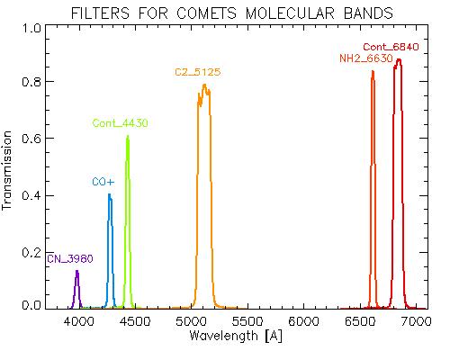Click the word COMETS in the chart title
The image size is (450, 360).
click(x=207, y=13)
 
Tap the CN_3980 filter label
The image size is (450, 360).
click(x=70, y=258)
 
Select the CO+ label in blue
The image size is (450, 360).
click(x=103, y=182)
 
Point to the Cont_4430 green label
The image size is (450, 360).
click(x=120, y=123)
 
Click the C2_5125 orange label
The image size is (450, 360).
click(x=198, y=72)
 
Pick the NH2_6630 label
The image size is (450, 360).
click(x=366, y=58)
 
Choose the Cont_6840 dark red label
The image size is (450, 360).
click(x=391, y=47)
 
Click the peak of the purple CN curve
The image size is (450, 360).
click(x=77, y=271)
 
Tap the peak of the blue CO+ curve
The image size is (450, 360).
click(x=109, y=194)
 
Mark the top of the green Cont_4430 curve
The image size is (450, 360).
click(x=128, y=136)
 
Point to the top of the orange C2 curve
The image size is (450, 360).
click(x=204, y=85)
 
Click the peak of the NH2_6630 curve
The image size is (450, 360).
click(x=373, y=71)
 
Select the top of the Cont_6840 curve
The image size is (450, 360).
click(x=399, y=59)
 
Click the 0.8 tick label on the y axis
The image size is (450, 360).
click(x=31, y=81)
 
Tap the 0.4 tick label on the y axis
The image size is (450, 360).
click(x=31, y=195)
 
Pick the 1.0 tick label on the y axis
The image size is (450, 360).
click(x=31, y=28)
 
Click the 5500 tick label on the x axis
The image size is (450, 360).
click(x=247, y=321)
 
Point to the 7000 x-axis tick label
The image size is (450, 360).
click(x=416, y=321)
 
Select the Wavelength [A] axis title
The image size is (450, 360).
click(x=236, y=336)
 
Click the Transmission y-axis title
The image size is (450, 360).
click(x=6, y=170)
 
